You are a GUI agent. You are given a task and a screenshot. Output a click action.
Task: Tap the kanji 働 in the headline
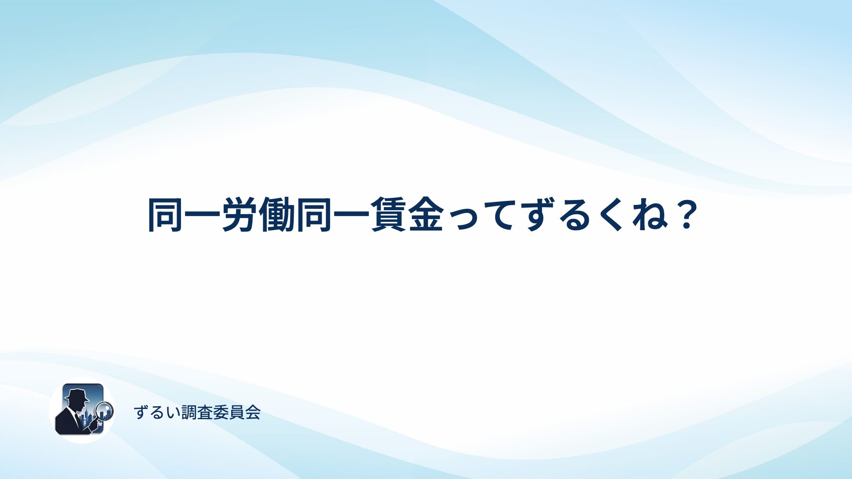(x=277, y=215)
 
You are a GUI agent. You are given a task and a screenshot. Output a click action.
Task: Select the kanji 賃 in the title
(x=388, y=215)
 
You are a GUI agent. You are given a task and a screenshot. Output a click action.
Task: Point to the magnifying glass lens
(x=105, y=410)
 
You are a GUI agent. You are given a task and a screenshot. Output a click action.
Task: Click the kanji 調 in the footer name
(x=189, y=412)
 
